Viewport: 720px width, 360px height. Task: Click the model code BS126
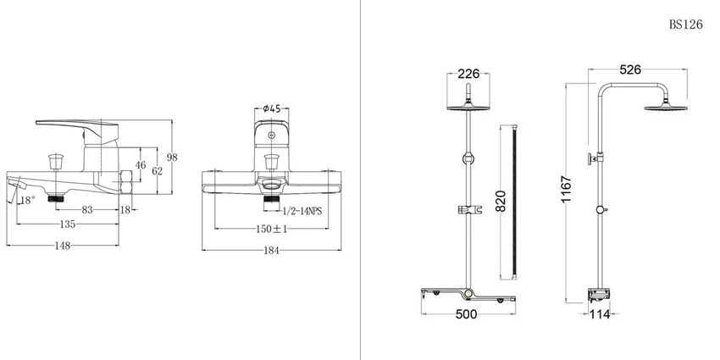(x=685, y=25)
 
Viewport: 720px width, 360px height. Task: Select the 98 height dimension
(x=172, y=157)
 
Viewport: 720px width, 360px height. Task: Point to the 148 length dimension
(x=63, y=246)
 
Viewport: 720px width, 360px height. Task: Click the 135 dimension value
(x=68, y=224)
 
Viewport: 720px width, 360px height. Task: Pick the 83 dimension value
(x=87, y=210)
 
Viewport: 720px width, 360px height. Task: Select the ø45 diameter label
(x=272, y=108)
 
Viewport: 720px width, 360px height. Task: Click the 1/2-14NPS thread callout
(x=302, y=211)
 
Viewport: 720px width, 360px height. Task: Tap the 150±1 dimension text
(x=271, y=229)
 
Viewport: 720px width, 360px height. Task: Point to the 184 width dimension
(x=271, y=250)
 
